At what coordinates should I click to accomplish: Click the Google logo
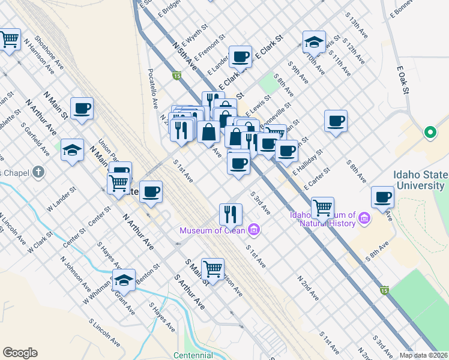click(x=20, y=353)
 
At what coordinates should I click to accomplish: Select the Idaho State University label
click(x=420, y=180)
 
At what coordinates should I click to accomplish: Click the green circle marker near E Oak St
click(x=430, y=133)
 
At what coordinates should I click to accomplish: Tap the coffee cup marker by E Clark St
click(x=241, y=58)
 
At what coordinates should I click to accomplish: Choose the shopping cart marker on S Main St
click(x=212, y=269)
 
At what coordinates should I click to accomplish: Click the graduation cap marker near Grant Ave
click(x=124, y=280)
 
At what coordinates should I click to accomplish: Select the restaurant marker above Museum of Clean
click(x=230, y=213)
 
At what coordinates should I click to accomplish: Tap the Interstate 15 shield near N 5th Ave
click(x=176, y=76)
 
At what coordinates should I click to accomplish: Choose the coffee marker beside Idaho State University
click(x=382, y=197)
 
